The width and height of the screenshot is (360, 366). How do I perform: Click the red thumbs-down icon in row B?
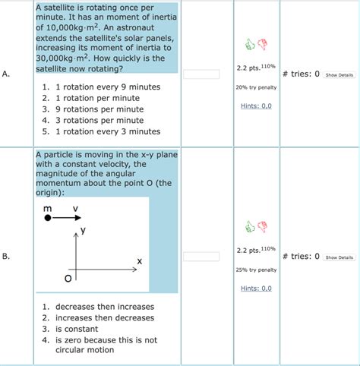263,226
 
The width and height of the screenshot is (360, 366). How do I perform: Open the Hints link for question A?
256,106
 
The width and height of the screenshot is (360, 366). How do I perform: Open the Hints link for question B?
256,288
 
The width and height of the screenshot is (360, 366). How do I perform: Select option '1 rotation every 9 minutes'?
107,87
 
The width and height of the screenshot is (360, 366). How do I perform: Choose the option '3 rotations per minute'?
99,120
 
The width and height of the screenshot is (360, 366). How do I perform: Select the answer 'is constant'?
77,329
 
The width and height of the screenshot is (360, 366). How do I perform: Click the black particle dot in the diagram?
48,218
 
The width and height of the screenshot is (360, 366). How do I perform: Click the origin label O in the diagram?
68,279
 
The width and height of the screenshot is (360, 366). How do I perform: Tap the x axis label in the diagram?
140,261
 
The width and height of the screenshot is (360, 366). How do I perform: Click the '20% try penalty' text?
256,87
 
